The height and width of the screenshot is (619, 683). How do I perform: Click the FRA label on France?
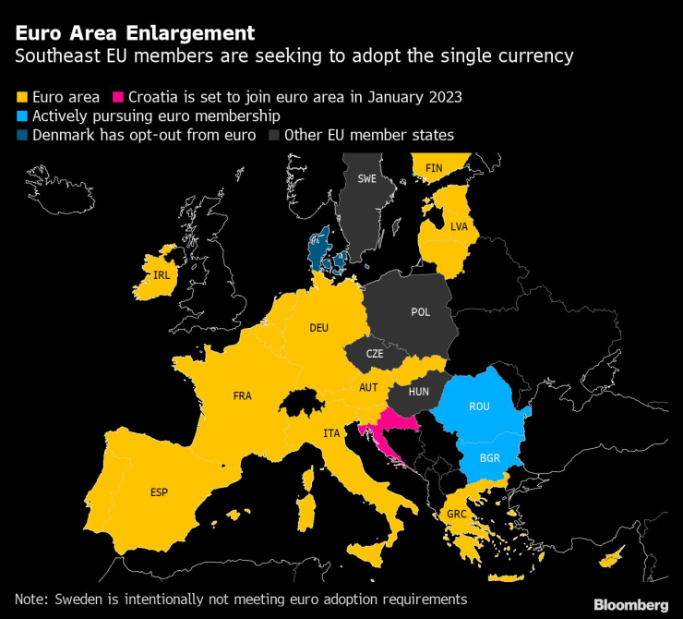click(x=243, y=395)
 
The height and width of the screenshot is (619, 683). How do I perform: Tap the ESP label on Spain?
click(x=160, y=492)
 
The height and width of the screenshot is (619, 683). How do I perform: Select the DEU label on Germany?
click(x=318, y=327)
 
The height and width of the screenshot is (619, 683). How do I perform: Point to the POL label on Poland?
click(x=420, y=311)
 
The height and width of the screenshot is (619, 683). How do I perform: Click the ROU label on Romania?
click(x=479, y=407)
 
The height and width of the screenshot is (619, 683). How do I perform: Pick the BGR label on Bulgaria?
click(x=491, y=456)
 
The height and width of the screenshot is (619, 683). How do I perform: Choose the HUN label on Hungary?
click(x=419, y=392)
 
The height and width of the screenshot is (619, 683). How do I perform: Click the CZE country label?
click(x=374, y=353)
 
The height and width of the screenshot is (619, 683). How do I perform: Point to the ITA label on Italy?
click(x=331, y=432)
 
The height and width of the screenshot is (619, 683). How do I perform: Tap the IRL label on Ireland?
click(x=162, y=274)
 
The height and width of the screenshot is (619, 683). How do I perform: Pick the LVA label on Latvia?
click(x=459, y=225)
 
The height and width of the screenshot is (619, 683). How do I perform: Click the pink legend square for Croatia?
click(x=118, y=96)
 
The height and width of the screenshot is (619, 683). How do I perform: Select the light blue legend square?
click(x=21, y=116)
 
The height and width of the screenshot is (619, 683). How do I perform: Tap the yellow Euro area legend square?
click(x=21, y=96)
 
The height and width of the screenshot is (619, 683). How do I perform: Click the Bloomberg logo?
click(x=630, y=604)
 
